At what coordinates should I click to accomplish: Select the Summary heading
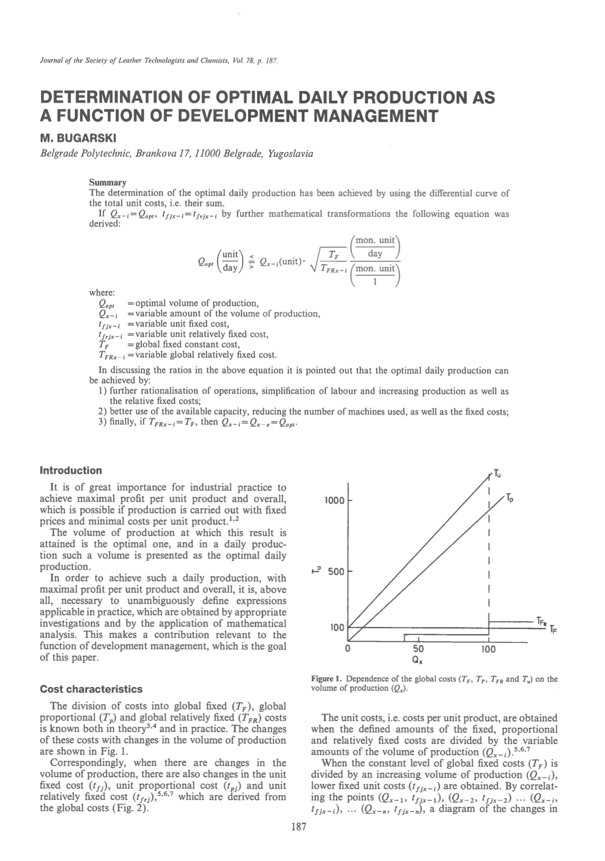(x=107, y=183)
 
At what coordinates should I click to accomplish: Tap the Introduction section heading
(x=71, y=470)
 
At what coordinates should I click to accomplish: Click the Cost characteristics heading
(x=91, y=689)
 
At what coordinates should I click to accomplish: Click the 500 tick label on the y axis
(x=335, y=571)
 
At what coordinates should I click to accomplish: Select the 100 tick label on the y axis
(x=337, y=627)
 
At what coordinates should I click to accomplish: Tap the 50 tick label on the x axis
(x=419, y=649)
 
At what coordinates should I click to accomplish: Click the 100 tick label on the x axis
(x=488, y=649)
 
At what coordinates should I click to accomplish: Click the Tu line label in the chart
(x=497, y=473)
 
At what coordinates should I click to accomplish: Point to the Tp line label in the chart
(x=509, y=498)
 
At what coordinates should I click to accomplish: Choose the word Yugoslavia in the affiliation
(x=291, y=153)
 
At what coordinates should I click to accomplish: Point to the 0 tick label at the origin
(x=348, y=649)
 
